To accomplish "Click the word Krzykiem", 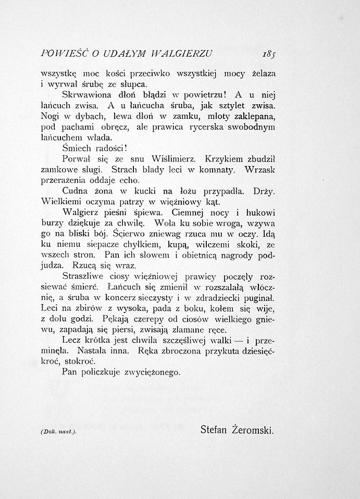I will coord(225,158).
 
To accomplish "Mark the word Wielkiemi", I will coord(63,202).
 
